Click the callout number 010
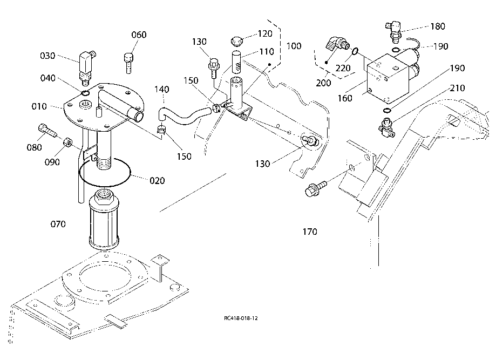[x=39, y=106]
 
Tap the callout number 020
[x=157, y=181]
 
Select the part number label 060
[x=139, y=35]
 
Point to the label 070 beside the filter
[x=58, y=225]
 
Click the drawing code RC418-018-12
[x=241, y=318]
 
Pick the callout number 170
[x=310, y=232]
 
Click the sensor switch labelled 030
[x=85, y=67]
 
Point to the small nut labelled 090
[x=66, y=142]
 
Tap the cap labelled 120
[x=236, y=42]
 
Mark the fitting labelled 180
[x=394, y=32]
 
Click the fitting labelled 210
[x=386, y=127]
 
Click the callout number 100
[x=294, y=46]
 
